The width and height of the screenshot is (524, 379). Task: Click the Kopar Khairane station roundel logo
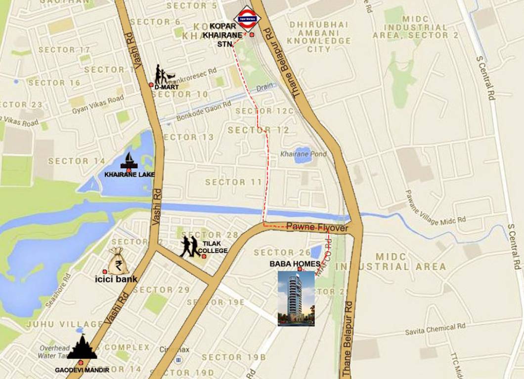[247, 19]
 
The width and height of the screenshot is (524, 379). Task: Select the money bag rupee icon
[118, 261]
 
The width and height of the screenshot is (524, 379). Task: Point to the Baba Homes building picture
[296, 298]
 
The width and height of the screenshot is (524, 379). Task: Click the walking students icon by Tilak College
[189, 246]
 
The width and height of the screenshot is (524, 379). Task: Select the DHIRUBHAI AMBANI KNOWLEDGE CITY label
[319, 37]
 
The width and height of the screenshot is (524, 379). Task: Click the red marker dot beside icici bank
[105, 272]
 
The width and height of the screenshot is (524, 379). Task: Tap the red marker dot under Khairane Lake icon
[129, 170]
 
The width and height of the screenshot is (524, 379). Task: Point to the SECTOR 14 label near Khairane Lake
[77, 161]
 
